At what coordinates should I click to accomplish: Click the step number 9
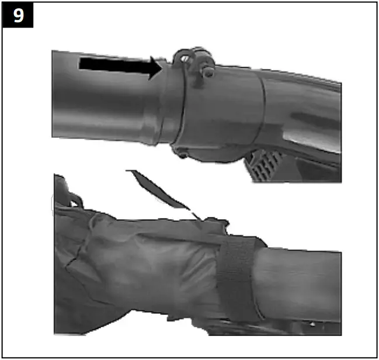18,15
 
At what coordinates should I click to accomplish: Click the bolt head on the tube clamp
207,72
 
